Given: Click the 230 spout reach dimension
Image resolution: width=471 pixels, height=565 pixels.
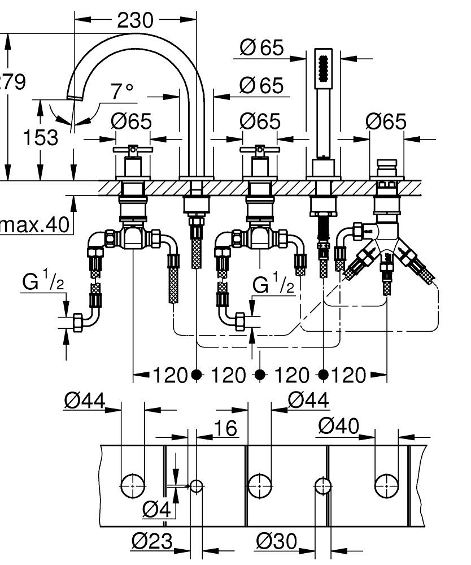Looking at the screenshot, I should tap(135, 20).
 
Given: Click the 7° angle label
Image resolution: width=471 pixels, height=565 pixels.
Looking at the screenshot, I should tap(122, 90).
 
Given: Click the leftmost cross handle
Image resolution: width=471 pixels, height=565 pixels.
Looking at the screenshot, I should tap(133, 150).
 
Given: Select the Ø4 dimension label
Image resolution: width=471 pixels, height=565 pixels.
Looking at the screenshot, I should tap(156, 510).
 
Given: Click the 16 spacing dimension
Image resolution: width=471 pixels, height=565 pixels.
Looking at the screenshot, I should tap(226, 429).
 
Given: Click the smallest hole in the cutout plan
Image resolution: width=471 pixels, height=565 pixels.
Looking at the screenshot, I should tap(196, 485).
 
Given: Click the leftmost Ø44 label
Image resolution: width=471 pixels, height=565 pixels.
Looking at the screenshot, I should tap(84, 401).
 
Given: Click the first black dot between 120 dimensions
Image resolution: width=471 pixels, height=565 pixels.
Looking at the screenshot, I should tap(196, 374).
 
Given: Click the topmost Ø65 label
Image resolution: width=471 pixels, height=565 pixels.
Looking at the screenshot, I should tap(261, 48).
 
